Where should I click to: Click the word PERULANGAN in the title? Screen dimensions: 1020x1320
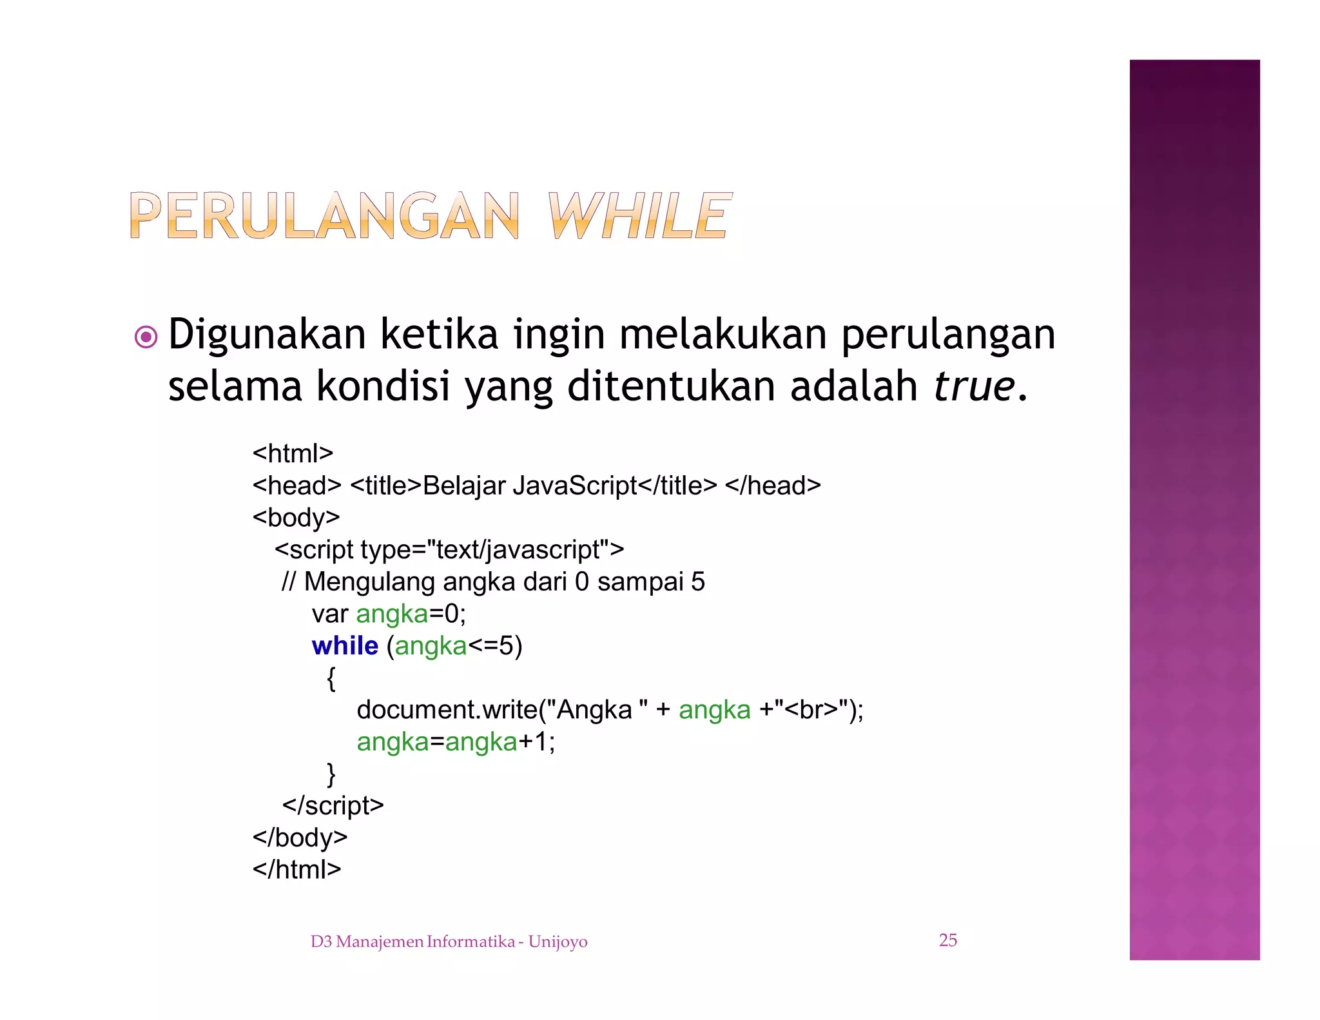324,215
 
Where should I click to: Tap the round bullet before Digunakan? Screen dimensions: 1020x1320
146,337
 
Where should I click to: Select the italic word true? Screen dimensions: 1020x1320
974,386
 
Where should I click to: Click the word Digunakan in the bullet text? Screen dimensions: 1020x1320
267,335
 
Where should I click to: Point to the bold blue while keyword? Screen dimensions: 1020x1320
345,645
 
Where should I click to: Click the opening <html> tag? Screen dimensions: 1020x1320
293,453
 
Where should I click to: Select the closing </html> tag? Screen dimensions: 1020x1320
296,869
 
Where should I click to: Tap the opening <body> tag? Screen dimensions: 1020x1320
296,517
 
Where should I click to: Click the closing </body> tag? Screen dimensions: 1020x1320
300,838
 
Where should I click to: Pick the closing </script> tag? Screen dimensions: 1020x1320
333,805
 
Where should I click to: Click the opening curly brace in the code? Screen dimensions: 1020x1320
331,678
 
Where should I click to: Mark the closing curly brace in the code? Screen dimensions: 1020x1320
331,774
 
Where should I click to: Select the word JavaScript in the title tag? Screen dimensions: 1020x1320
575,485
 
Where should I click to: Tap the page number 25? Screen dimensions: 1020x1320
947,940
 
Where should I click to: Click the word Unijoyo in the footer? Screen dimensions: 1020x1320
558,942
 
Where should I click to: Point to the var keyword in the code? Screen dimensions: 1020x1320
329,614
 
